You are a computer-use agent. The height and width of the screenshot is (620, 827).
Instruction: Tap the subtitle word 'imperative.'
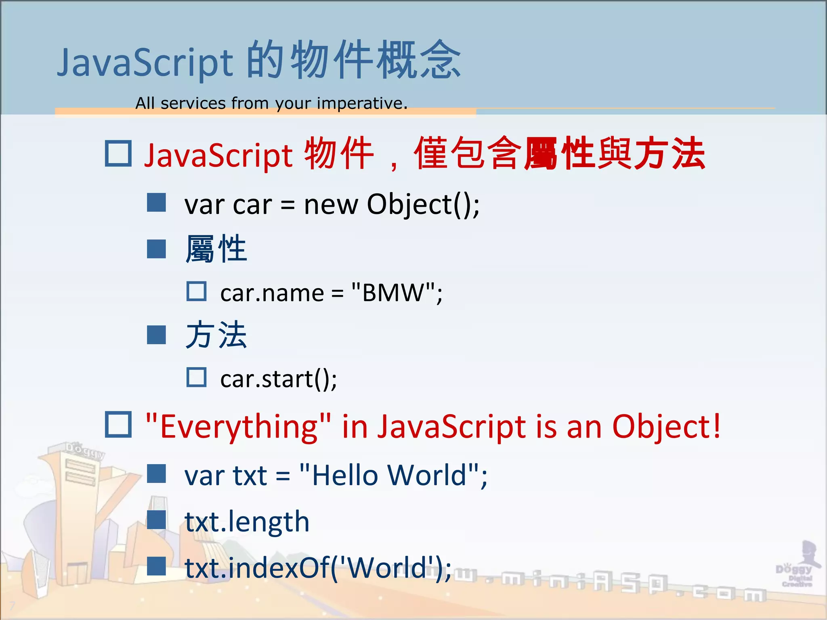tap(362, 103)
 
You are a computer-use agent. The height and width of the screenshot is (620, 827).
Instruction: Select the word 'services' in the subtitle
tap(193, 103)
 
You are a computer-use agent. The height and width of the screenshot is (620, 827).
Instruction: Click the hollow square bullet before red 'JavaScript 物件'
tap(118, 153)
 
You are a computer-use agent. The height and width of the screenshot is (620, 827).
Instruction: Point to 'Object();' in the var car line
tap(423, 205)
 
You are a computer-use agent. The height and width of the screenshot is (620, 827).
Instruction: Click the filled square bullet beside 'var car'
tap(156, 202)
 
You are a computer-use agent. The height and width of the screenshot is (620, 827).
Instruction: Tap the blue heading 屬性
tap(216, 249)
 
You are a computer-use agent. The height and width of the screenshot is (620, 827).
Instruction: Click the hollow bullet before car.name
tap(197, 291)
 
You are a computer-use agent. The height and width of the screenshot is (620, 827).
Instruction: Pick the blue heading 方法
tap(216, 335)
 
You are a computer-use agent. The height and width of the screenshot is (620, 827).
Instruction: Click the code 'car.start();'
tap(279, 379)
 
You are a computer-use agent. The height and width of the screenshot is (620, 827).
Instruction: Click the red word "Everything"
tap(238, 426)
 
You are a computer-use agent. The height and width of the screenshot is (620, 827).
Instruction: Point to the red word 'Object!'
tap(666, 426)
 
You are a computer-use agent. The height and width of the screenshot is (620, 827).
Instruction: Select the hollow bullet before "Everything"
tap(118, 425)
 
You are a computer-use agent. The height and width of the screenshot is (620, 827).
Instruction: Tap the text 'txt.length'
tap(247, 522)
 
